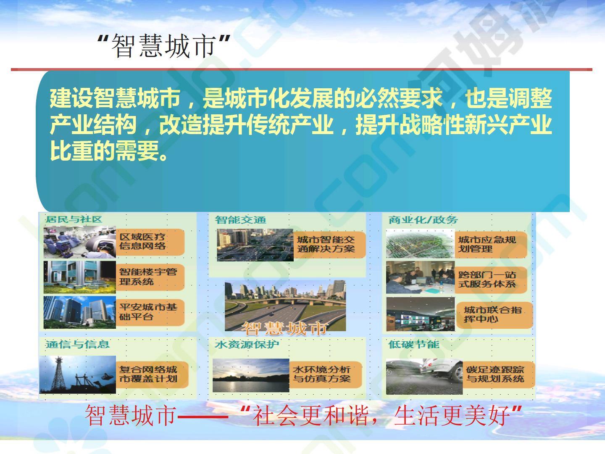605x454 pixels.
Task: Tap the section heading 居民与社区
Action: click(x=74, y=219)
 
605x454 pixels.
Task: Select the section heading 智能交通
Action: click(x=241, y=220)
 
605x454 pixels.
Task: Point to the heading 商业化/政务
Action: click(x=423, y=220)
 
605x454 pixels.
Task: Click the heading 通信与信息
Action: click(x=77, y=344)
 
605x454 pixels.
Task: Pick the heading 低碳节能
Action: click(x=414, y=344)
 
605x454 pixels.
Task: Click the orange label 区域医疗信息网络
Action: click(x=150, y=242)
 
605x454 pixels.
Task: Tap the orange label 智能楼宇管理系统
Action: click(x=150, y=277)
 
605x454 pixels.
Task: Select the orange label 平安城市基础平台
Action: click(x=150, y=312)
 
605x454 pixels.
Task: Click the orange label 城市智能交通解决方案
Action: click(x=329, y=245)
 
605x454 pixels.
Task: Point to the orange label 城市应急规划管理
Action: click(x=491, y=245)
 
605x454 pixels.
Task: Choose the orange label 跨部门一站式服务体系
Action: click(x=491, y=280)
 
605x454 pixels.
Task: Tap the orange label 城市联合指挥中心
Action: click(x=495, y=315)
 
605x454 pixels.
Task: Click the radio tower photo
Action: click(x=77, y=374)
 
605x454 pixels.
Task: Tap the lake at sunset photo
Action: click(x=251, y=375)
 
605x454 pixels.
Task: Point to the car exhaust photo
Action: click(x=424, y=377)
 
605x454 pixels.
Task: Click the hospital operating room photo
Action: click(x=80, y=242)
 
